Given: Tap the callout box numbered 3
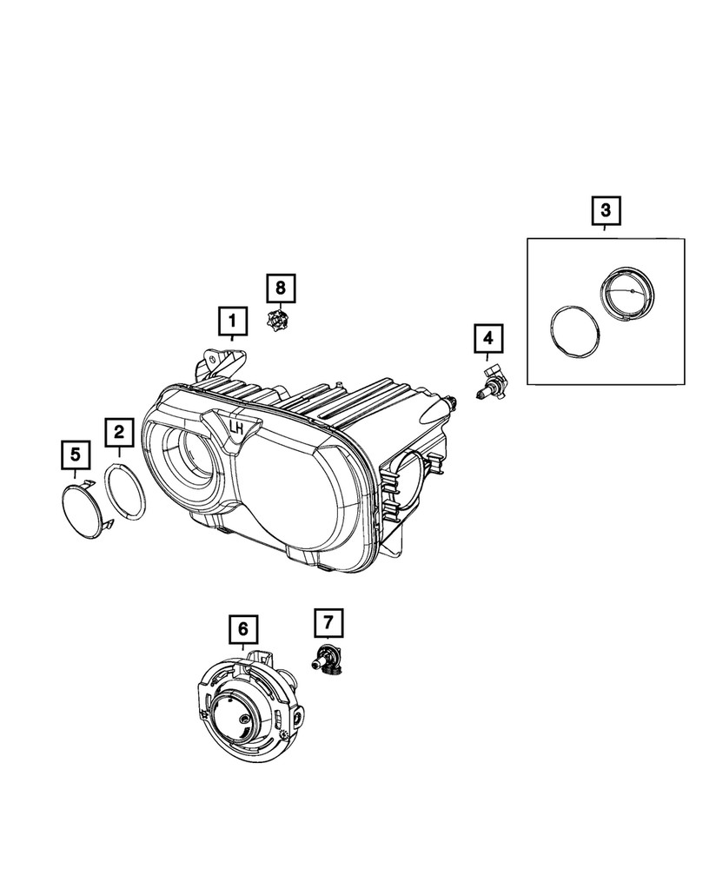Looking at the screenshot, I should click(x=605, y=210).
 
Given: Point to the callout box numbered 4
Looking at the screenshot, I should click(x=487, y=338).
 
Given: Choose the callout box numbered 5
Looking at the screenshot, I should click(x=75, y=454).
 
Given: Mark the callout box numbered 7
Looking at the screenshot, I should click(x=328, y=622).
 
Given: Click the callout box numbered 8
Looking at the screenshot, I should click(x=280, y=287).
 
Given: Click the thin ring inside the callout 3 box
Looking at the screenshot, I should click(x=572, y=331).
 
